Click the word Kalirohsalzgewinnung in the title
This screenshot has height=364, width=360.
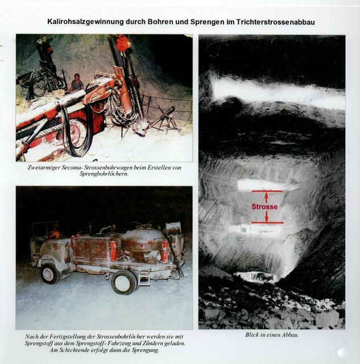click(x=85, y=22)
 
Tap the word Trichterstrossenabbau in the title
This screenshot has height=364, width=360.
click(x=275, y=22)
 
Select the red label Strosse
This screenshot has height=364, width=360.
click(x=264, y=207)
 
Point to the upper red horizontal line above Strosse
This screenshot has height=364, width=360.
click(x=267, y=191)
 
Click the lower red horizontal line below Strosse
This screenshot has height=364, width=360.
click(x=268, y=222)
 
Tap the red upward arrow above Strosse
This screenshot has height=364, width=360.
click(x=266, y=198)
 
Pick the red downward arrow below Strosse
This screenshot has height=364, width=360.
click(x=267, y=216)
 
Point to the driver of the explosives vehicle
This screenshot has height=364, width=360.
click(x=55, y=233)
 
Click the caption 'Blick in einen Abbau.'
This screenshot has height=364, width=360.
click(x=272, y=335)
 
